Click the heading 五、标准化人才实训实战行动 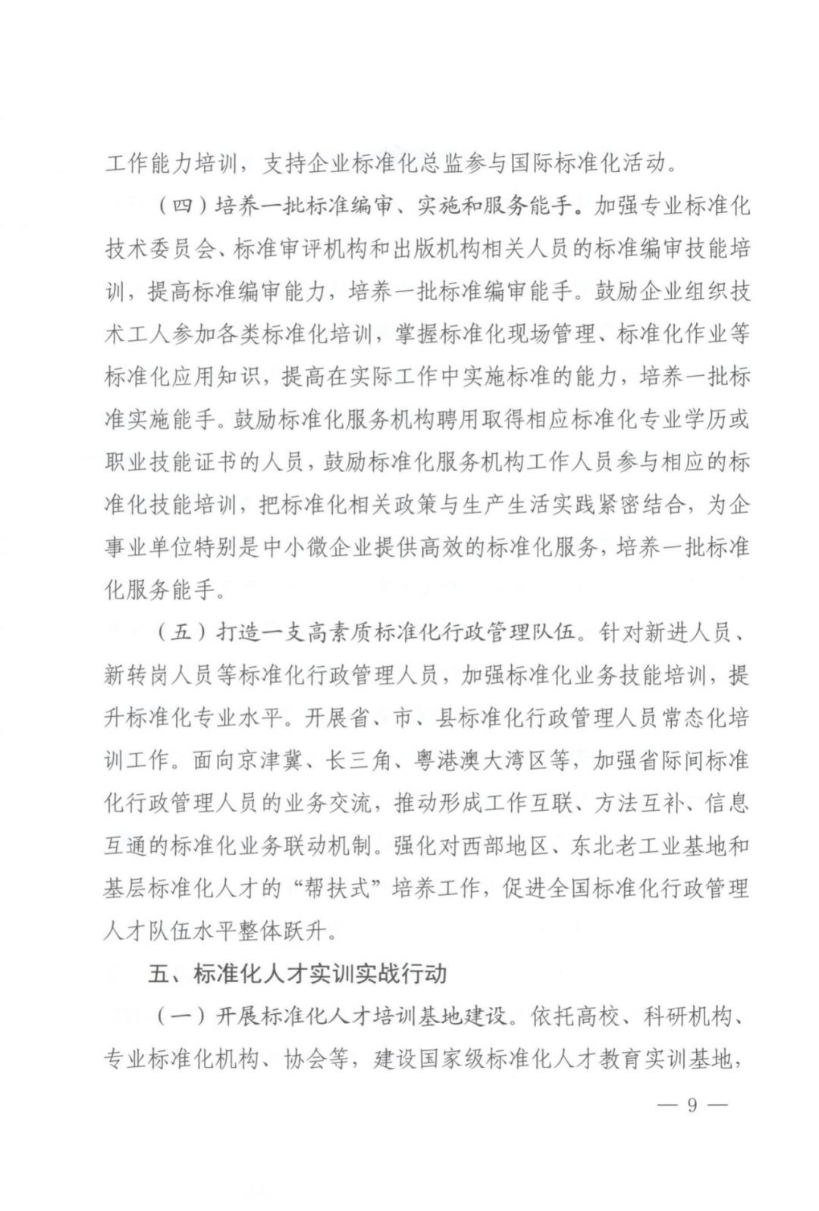pos(297,974)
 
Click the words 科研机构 pos(695,1016)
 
